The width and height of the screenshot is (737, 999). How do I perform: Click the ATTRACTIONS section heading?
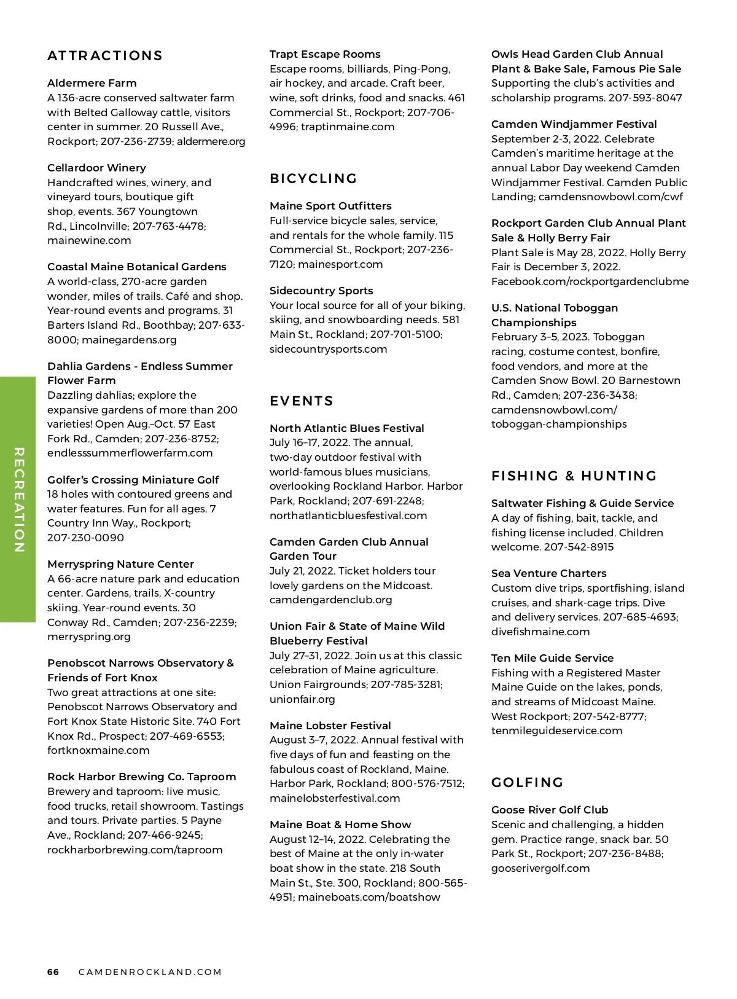(105, 56)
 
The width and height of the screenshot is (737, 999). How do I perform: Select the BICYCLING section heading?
(313, 179)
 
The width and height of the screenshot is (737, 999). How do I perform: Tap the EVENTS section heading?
(302, 401)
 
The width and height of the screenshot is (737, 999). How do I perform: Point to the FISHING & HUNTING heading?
(574, 476)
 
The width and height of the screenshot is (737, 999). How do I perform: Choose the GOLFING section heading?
(527, 783)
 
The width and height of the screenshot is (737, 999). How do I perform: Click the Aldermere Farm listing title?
(92, 83)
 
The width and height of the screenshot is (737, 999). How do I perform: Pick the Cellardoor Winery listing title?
(96, 168)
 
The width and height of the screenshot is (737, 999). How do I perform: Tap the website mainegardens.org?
(129, 340)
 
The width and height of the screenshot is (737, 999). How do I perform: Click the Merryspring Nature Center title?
(120, 564)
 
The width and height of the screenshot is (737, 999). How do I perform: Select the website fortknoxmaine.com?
(98, 750)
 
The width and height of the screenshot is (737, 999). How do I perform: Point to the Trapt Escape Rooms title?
(325, 54)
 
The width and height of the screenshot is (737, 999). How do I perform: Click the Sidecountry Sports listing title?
(321, 291)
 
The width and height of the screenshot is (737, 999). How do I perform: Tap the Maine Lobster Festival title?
(330, 726)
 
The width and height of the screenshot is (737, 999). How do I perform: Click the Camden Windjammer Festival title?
(574, 124)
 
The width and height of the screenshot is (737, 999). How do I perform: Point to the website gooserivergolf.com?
(540, 868)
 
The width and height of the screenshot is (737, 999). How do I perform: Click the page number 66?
(53, 972)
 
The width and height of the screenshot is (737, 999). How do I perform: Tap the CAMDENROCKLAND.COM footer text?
(150, 972)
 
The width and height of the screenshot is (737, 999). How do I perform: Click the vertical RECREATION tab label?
(18, 499)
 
